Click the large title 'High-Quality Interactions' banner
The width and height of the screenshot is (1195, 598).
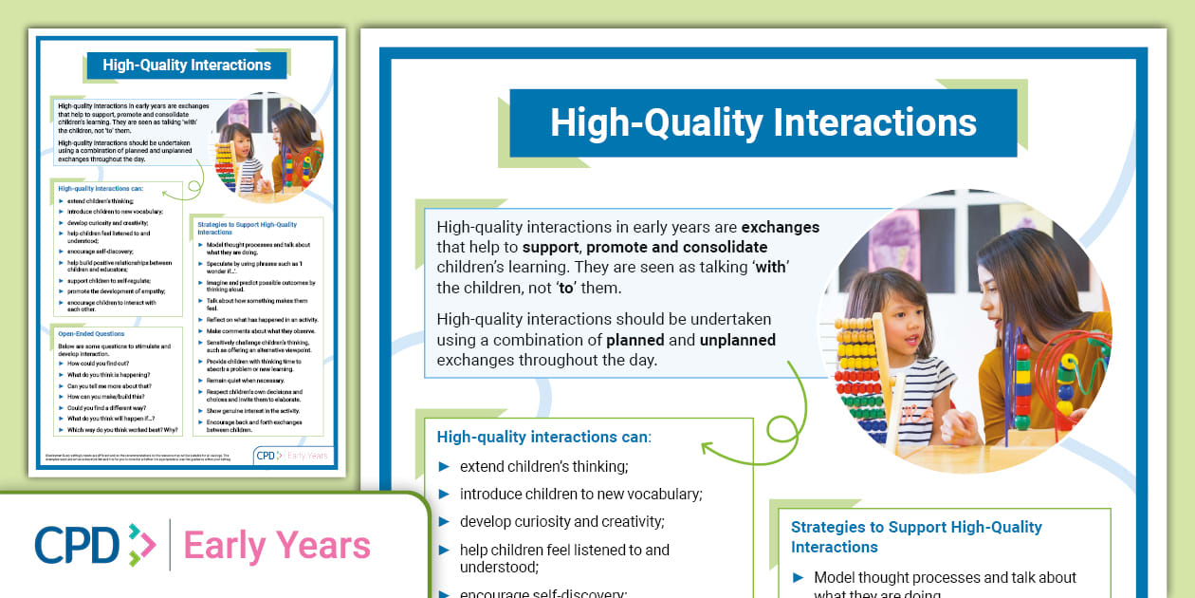point(763,123)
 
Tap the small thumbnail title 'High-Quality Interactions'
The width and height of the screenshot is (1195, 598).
point(187,65)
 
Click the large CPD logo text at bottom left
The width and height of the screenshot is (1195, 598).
point(78,545)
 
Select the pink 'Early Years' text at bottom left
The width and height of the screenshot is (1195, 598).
point(277,546)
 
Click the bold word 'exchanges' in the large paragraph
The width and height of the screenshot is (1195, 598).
point(780,228)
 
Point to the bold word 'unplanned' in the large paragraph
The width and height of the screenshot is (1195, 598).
point(737,340)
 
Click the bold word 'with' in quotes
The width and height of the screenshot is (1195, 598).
point(770,268)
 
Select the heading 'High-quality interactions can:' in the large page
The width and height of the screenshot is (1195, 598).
point(543,438)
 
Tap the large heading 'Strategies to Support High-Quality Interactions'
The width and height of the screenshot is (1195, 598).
point(916,536)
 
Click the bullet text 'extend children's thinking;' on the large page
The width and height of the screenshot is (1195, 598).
point(543,467)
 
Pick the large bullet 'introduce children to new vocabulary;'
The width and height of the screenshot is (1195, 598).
point(580,495)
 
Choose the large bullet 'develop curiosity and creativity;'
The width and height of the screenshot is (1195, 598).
point(562,522)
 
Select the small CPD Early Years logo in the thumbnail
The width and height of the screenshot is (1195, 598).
point(293,456)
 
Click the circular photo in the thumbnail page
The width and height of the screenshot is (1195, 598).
point(268,147)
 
